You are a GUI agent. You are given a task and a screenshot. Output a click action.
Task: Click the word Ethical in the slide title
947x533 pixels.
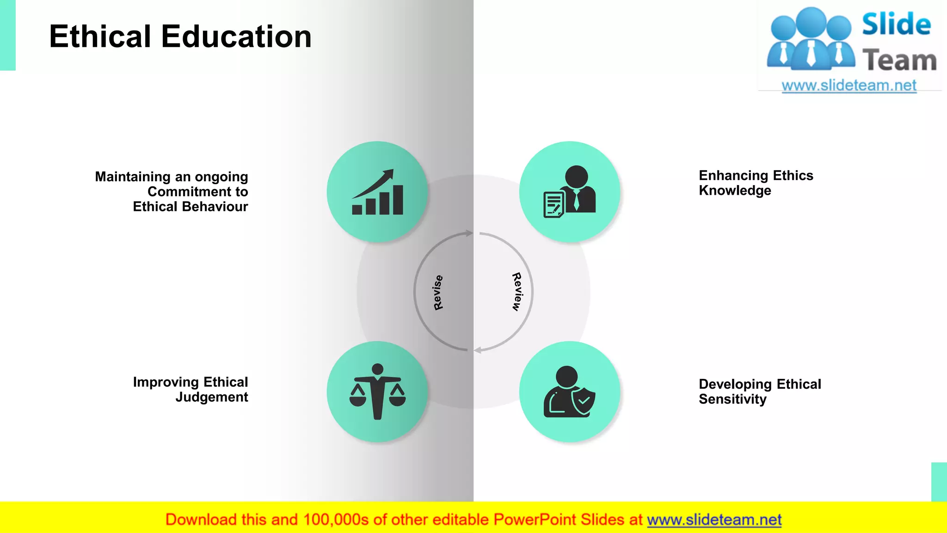click(100, 37)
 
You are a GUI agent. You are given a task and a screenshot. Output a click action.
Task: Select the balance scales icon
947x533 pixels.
click(377, 392)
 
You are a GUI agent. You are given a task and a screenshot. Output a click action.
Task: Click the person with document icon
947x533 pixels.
click(570, 192)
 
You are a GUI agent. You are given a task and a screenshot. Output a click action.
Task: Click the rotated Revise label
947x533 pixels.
click(438, 292)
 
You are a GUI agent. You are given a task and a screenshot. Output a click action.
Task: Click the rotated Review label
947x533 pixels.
click(517, 291)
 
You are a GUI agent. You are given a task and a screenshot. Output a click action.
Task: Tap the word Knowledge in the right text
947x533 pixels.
click(735, 191)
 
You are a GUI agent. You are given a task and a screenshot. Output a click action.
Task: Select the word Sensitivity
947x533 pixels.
click(732, 399)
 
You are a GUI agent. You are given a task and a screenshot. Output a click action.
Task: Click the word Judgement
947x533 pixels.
click(212, 397)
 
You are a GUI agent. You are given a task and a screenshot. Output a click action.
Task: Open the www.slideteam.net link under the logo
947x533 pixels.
click(849, 85)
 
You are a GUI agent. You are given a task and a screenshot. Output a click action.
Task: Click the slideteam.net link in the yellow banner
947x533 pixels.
click(714, 520)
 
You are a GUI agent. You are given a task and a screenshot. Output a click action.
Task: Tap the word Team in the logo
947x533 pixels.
click(899, 61)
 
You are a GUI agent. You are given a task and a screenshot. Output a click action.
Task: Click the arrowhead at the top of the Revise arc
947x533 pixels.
click(469, 233)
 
